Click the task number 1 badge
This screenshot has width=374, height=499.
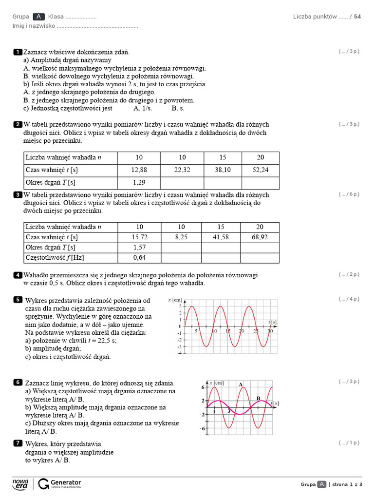(x=18, y=52)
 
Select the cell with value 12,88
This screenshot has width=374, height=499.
(x=139, y=170)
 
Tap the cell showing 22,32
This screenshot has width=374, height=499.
(x=182, y=170)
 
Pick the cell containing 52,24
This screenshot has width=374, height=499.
(x=260, y=170)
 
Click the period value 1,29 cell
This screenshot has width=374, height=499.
(x=139, y=182)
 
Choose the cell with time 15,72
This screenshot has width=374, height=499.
(x=139, y=237)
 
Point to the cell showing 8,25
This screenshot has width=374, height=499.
(x=182, y=237)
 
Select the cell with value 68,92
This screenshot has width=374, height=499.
(x=260, y=237)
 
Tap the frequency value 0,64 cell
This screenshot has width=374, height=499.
(x=139, y=258)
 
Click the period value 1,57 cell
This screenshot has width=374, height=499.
(x=139, y=248)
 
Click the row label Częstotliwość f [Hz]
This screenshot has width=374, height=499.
(x=52, y=258)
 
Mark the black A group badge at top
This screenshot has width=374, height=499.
(x=38, y=17)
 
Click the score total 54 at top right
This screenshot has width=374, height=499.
(x=357, y=17)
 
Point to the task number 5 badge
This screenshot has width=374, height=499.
(x=18, y=299)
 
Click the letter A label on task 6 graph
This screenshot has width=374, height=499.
(x=241, y=384)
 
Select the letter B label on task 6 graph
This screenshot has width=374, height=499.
(x=259, y=398)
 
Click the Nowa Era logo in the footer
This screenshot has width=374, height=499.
(x=20, y=484)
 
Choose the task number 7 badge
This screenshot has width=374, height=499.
(x=18, y=443)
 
